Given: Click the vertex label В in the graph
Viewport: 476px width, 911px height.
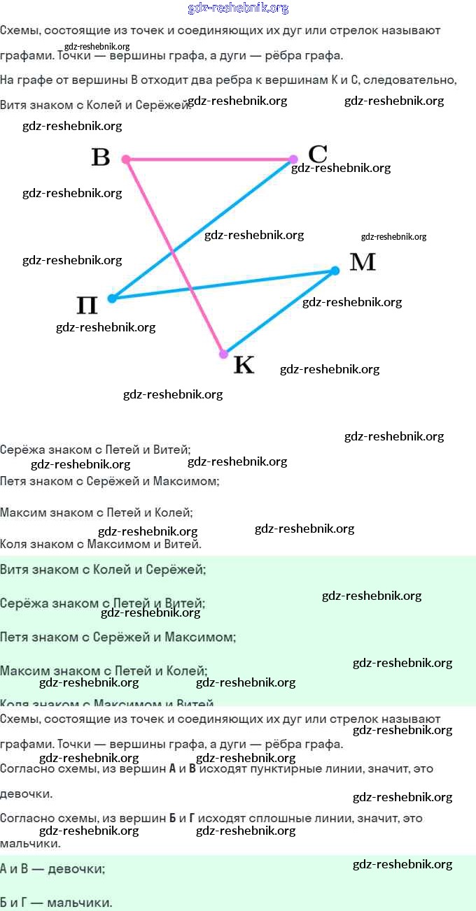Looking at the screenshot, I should click(101, 157).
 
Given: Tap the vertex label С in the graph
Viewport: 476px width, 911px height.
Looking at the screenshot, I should click(317, 153).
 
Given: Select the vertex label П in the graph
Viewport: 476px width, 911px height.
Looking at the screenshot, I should click(87, 306).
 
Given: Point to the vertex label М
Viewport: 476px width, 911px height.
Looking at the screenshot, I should click(362, 261).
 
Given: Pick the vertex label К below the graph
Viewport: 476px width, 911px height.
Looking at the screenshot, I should click(243, 364).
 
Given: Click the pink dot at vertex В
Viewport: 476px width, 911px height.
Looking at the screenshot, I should click(126, 159).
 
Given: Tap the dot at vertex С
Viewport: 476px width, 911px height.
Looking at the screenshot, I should click(293, 159).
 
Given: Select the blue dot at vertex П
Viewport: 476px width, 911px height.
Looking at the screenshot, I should click(112, 299).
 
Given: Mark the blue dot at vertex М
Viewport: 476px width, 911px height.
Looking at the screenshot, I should click(335, 271).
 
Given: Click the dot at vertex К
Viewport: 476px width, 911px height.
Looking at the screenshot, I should click(223, 354).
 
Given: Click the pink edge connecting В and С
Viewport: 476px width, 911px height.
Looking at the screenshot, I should click(210, 159).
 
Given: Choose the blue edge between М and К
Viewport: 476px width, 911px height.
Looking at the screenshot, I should click(280, 312).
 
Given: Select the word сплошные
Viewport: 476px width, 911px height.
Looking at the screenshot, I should click(272, 818).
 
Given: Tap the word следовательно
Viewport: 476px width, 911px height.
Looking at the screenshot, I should click(414, 80).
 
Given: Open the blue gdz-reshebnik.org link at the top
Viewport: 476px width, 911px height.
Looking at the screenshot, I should click(238, 8).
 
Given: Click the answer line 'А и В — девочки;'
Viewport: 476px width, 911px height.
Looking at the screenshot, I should click(52, 869).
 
